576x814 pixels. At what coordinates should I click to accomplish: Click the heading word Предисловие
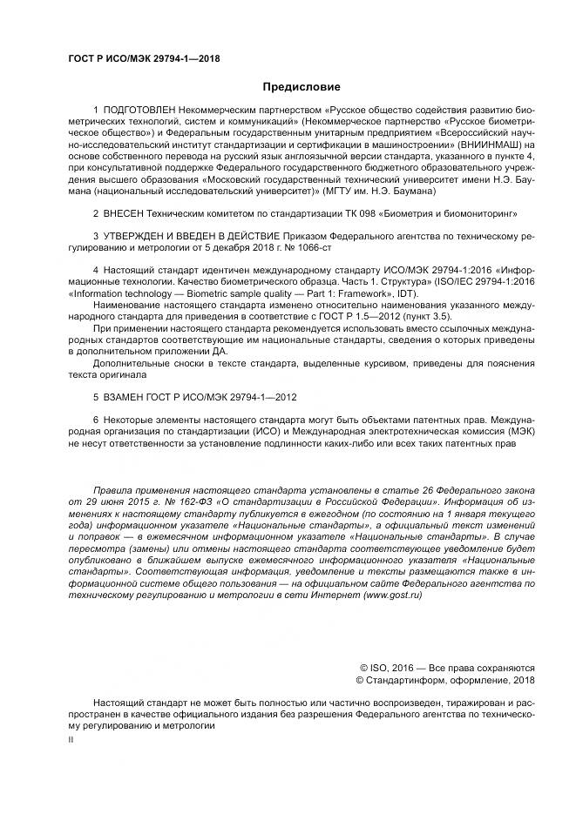coord(302,87)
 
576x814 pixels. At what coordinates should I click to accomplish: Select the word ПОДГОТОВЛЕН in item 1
coord(144,111)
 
